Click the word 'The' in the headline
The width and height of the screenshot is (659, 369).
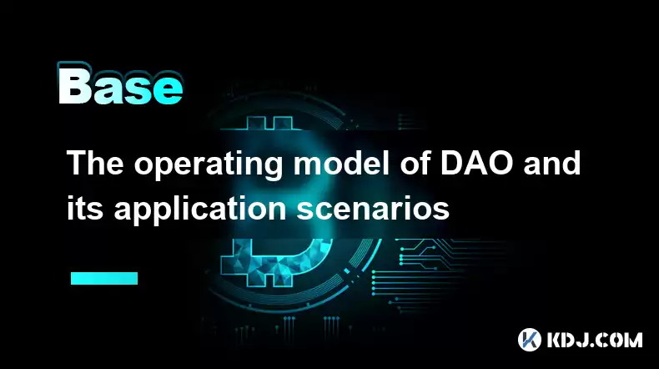[95, 163]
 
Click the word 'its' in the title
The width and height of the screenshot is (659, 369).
[85, 208]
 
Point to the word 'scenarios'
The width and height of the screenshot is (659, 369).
[373, 208]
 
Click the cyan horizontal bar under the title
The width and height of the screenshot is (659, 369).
[104, 278]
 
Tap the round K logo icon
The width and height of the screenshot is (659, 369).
[529, 340]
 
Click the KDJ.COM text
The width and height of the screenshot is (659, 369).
[594, 340]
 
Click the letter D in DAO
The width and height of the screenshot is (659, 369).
[452, 163]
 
